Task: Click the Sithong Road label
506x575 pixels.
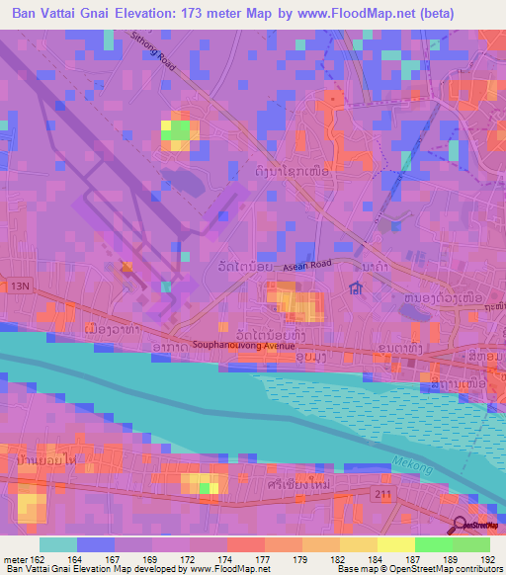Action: (x=151, y=52)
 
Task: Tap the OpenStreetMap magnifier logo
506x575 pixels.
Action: (x=459, y=527)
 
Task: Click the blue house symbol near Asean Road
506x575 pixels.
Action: (x=355, y=289)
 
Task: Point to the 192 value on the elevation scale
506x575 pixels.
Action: (x=489, y=558)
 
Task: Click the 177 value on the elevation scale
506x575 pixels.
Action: (x=262, y=558)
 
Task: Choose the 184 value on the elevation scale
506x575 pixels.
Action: (x=376, y=558)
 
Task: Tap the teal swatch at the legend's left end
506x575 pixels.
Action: (x=57, y=543)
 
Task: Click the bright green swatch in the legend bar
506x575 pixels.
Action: (x=433, y=543)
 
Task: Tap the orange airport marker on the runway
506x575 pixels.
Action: (x=126, y=267)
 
